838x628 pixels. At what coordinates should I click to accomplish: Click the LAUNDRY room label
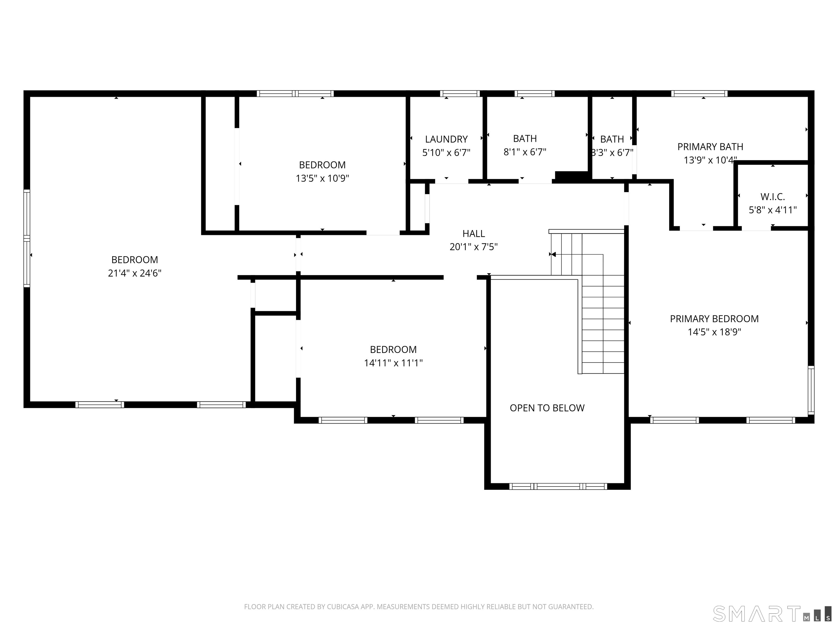pyautogui.click(x=446, y=139)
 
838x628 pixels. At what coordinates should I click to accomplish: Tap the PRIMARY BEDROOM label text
pyautogui.click(x=714, y=319)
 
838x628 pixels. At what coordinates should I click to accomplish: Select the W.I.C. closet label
pyautogui.click(x=773, y=197)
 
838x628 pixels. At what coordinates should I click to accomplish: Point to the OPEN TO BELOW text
pyautogui.click(x=547, y=408)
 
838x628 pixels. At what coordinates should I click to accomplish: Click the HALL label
pyautogui.click(x=474, y=234)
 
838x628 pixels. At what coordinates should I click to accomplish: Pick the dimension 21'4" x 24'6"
pyautogui.click(x=134, y=273)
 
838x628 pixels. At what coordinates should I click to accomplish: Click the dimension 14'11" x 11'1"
pyautogui.click(x=393, y=363)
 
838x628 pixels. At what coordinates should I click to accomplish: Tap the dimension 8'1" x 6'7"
pyautogui.click(x=525, y=152)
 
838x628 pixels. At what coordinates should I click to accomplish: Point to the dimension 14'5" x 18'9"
pyautogui.click(x=714, y=332)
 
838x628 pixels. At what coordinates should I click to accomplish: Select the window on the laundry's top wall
pyautogui.click(x=460, y=93)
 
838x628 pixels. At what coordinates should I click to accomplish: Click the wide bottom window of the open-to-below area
pyautogui.click(x=558, y=487)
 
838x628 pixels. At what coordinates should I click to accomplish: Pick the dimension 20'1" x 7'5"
pyautogui.click(x=474, y=247)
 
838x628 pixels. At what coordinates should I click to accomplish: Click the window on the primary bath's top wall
pyautogui.click(x=699, y=93)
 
